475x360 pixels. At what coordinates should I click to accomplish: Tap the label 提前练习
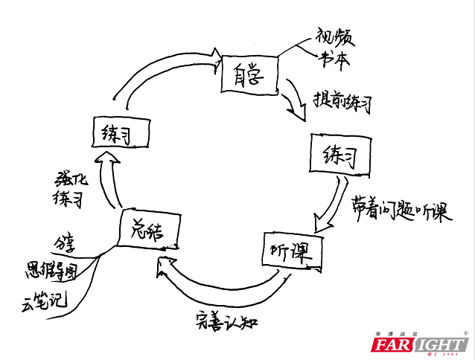pos(342,102)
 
